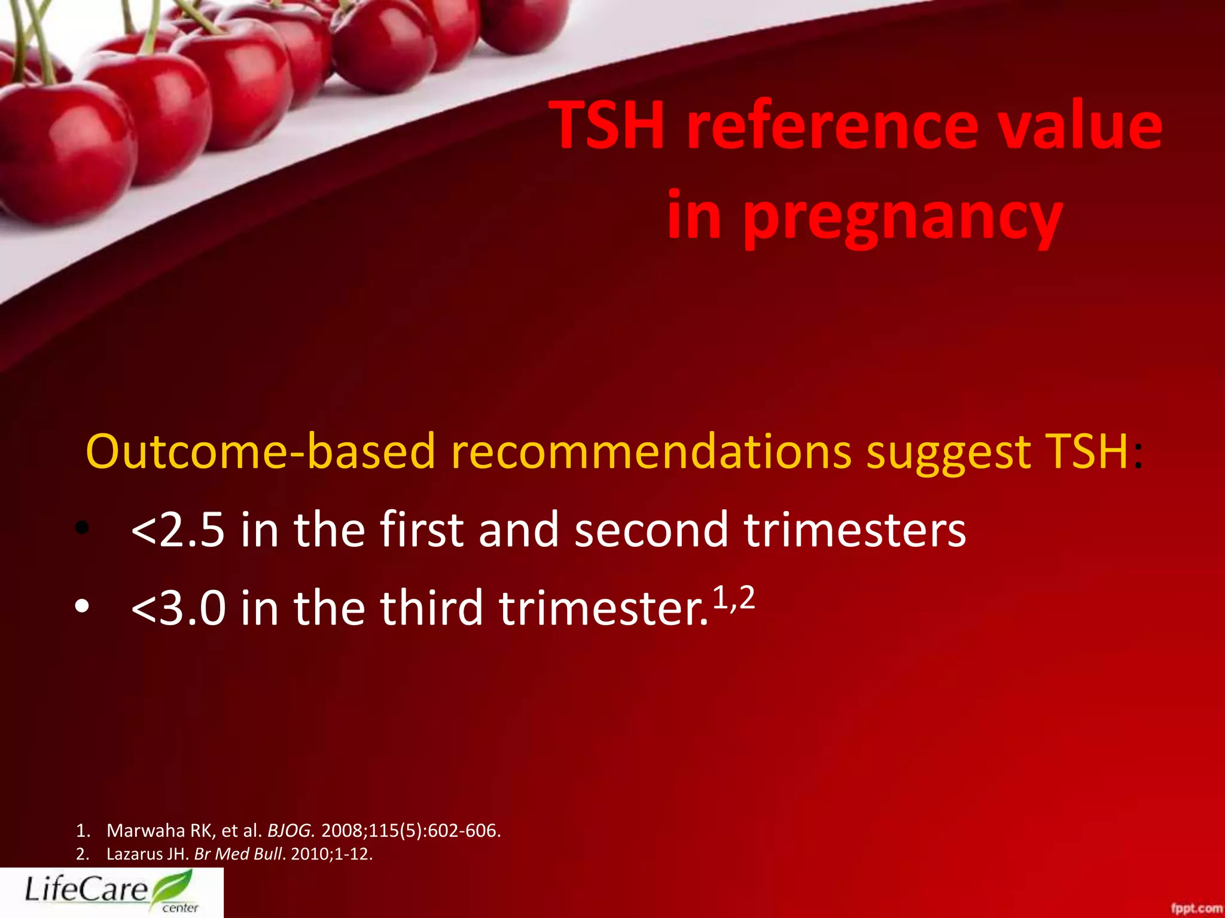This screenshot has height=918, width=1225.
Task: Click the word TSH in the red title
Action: [x=610, y=126]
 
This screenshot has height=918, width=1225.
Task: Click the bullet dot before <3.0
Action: [x=82, y=607]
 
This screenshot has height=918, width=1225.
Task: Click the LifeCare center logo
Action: [x=111, y=892]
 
